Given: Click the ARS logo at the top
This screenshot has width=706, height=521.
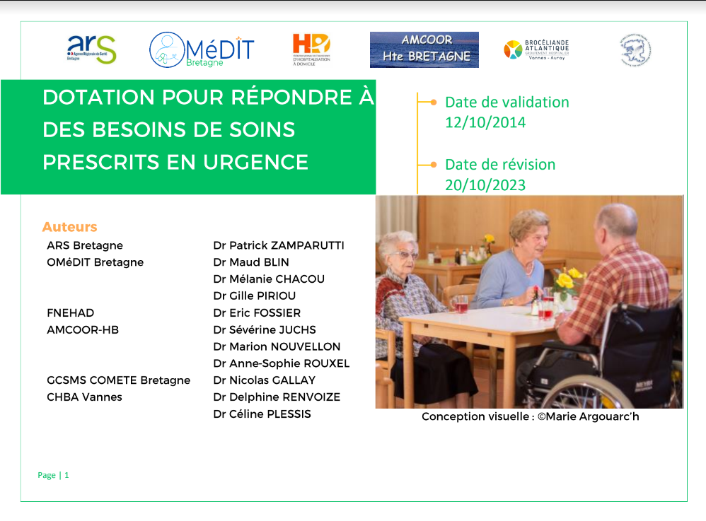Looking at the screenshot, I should pos(91,49).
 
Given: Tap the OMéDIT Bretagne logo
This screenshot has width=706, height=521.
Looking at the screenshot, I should pos(201,49).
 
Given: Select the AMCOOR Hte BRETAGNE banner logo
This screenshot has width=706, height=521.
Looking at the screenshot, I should pos(424,49).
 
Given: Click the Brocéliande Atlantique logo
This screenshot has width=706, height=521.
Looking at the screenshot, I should pos(536,49).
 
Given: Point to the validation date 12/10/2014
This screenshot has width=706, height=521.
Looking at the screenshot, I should pos(485,122).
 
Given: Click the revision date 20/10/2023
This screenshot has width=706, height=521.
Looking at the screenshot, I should pos(485,185).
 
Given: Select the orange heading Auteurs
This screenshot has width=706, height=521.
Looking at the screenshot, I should pos(69,227).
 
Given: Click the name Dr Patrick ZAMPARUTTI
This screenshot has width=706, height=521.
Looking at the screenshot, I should pos(279,245).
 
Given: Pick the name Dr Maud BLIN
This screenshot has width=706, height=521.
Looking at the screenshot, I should pos(251,262).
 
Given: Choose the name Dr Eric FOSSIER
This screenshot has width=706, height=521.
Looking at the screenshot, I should pos(257,312).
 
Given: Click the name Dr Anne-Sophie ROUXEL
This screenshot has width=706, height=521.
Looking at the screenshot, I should pos(282,363).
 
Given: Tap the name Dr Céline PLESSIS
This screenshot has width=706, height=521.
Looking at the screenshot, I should pos(262,414).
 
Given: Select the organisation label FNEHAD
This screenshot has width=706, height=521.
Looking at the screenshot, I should pos(70,312).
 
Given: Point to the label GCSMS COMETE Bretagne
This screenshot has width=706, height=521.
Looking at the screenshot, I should pos(118,380).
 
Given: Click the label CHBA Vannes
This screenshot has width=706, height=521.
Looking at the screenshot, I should pos(84,397).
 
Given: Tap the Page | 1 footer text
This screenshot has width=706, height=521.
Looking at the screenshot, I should pos(53,475).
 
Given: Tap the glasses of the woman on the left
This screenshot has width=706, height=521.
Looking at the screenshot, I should pos(405,254).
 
